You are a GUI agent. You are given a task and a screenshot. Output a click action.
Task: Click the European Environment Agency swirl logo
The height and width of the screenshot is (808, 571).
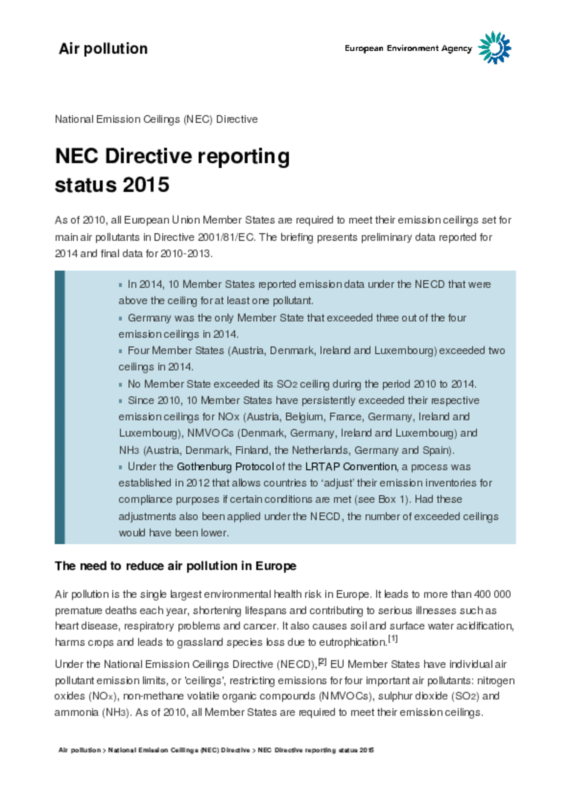coord(494,48)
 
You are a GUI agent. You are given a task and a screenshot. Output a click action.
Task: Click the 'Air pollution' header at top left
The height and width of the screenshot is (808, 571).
coord(103,49)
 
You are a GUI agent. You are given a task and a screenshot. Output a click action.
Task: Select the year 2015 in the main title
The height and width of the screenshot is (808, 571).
coord(146,185)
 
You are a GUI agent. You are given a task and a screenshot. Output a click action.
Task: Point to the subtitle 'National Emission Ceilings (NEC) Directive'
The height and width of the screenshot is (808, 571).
coord(156,120)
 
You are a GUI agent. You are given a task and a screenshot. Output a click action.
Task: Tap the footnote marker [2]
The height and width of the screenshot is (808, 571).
coord(322,662)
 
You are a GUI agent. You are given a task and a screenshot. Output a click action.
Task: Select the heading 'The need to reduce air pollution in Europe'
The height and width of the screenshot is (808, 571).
coord(175,566)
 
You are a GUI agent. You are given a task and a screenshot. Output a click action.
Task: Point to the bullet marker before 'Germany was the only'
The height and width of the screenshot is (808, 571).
coord(121,318)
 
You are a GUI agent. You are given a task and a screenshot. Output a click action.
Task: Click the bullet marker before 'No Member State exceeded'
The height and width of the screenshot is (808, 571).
coord(121,385)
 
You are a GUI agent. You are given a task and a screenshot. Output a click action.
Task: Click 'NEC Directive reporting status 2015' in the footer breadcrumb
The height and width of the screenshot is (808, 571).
coord(316,750)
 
